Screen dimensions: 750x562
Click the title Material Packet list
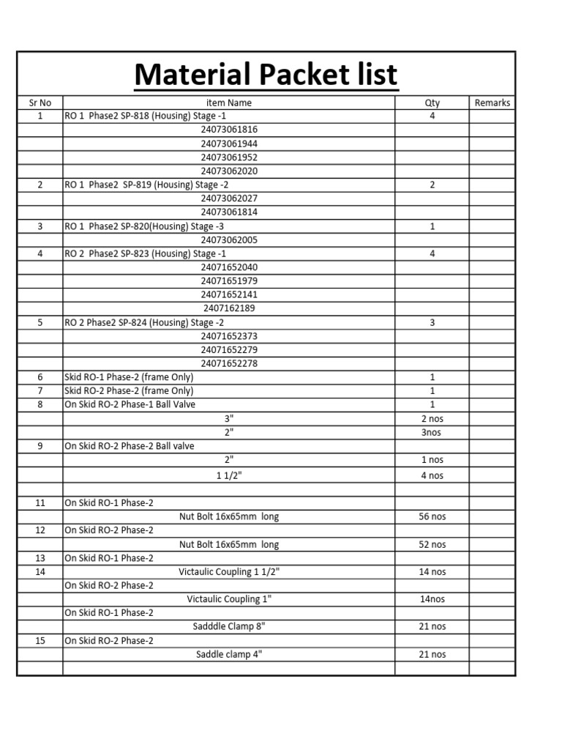(x=266, y=75)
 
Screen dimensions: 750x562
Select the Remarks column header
(x=492, y=103)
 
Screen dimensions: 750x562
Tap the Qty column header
(x=432, y=103)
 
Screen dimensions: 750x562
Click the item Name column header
(x=229, y=103)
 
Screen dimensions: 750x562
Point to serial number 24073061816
(x=229, y=130)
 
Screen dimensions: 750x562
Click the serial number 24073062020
(x=229, y=171)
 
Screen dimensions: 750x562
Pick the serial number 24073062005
(x=229, y=240)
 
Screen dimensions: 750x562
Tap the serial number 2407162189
(x=229, y=308)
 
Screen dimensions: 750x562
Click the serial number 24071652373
(x=229, y=336)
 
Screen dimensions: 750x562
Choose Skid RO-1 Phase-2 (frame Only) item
(x=129, y=377)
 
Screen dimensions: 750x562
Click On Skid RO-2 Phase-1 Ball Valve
(x=130, y=404)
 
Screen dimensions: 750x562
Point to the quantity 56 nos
(x=432, y=516)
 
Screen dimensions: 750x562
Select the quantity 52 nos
(x=432, y=544)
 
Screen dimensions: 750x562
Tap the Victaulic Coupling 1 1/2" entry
(x=229, y=571)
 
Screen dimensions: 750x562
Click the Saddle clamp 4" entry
(x=229, y=654)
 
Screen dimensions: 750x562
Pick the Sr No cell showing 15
(x=40, y=640)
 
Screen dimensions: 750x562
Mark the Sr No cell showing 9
(x=40, y=445)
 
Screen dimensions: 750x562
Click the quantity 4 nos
(x=432, y=475)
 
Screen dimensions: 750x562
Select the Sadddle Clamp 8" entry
(x=229, y=626)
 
